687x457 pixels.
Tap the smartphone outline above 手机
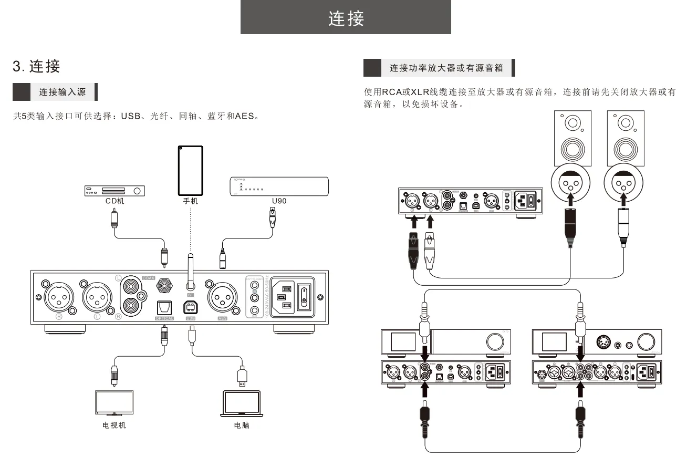click(191, 170)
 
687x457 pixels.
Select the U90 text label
click(279, 201)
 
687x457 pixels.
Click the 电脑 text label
click(242, 425)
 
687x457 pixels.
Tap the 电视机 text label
click(114, 425)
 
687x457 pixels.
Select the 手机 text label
click(191, 201)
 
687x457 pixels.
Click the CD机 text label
click(114, 201)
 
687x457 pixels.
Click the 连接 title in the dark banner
click(346, 18)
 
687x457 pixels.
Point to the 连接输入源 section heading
click(63, 92)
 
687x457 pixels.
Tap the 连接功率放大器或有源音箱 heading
click(446, 68)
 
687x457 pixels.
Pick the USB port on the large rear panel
click(190, 307)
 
